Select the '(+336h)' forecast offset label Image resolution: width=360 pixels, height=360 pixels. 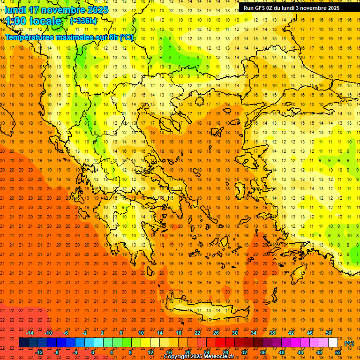(83, 21)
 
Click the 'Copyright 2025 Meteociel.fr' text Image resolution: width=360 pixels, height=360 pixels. (199, 357)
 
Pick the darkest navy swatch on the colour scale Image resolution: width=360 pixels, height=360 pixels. (23, 343)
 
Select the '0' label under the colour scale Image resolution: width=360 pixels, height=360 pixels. (92, 352)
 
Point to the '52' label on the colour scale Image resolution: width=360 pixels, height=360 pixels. (338, 352)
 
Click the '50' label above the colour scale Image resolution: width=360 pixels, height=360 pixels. (328, 333)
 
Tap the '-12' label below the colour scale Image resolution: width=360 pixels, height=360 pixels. (39, 352)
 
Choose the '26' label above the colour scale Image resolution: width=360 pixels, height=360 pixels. (216, 333)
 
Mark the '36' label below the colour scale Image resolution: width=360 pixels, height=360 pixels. (262, 352)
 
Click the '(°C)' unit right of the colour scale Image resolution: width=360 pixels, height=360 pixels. (349, 343)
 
